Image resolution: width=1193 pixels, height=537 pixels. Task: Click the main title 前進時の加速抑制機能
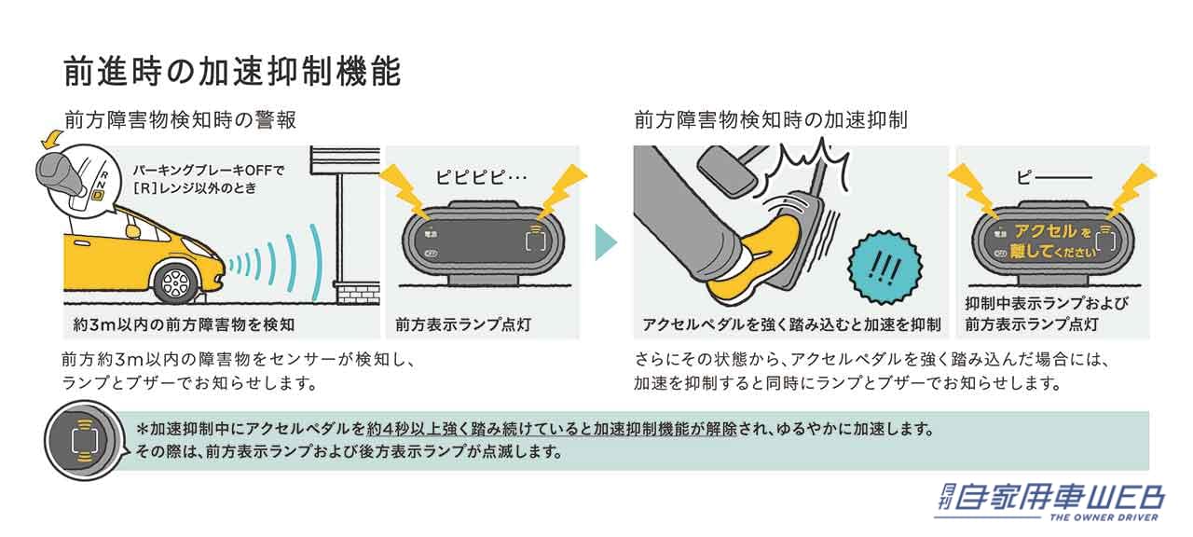click(232, 72)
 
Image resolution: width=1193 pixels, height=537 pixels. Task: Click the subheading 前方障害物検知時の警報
click(180, 120)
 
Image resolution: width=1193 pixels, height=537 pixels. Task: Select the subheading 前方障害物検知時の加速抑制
click(771, 120)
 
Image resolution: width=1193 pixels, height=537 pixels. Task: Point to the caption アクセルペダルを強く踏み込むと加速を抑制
click(791, 324)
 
